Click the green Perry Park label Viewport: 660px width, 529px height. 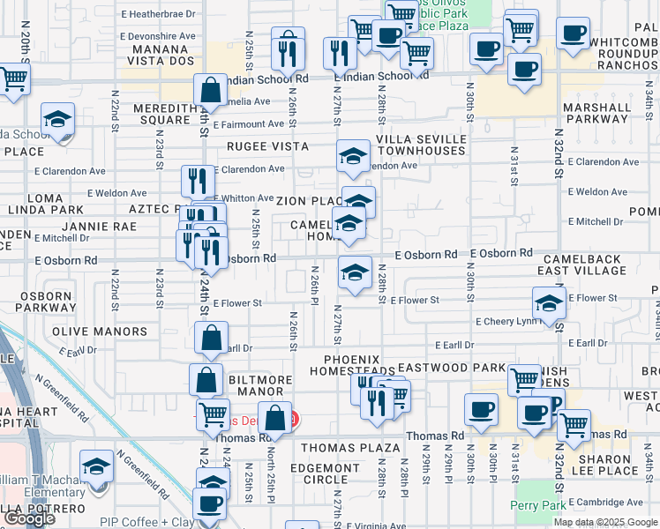click(535, 505)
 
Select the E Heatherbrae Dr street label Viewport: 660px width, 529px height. click(159, 15)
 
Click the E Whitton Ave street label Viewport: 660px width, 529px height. click(244, 198)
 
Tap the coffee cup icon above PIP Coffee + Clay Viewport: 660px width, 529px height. click(210, 503)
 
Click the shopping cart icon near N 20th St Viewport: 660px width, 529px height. click(14, 78)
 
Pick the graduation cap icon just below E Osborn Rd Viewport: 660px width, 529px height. click(355, 273)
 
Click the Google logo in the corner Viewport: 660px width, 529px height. click(29, 518)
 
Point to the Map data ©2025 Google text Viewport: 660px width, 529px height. click(604, 522)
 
